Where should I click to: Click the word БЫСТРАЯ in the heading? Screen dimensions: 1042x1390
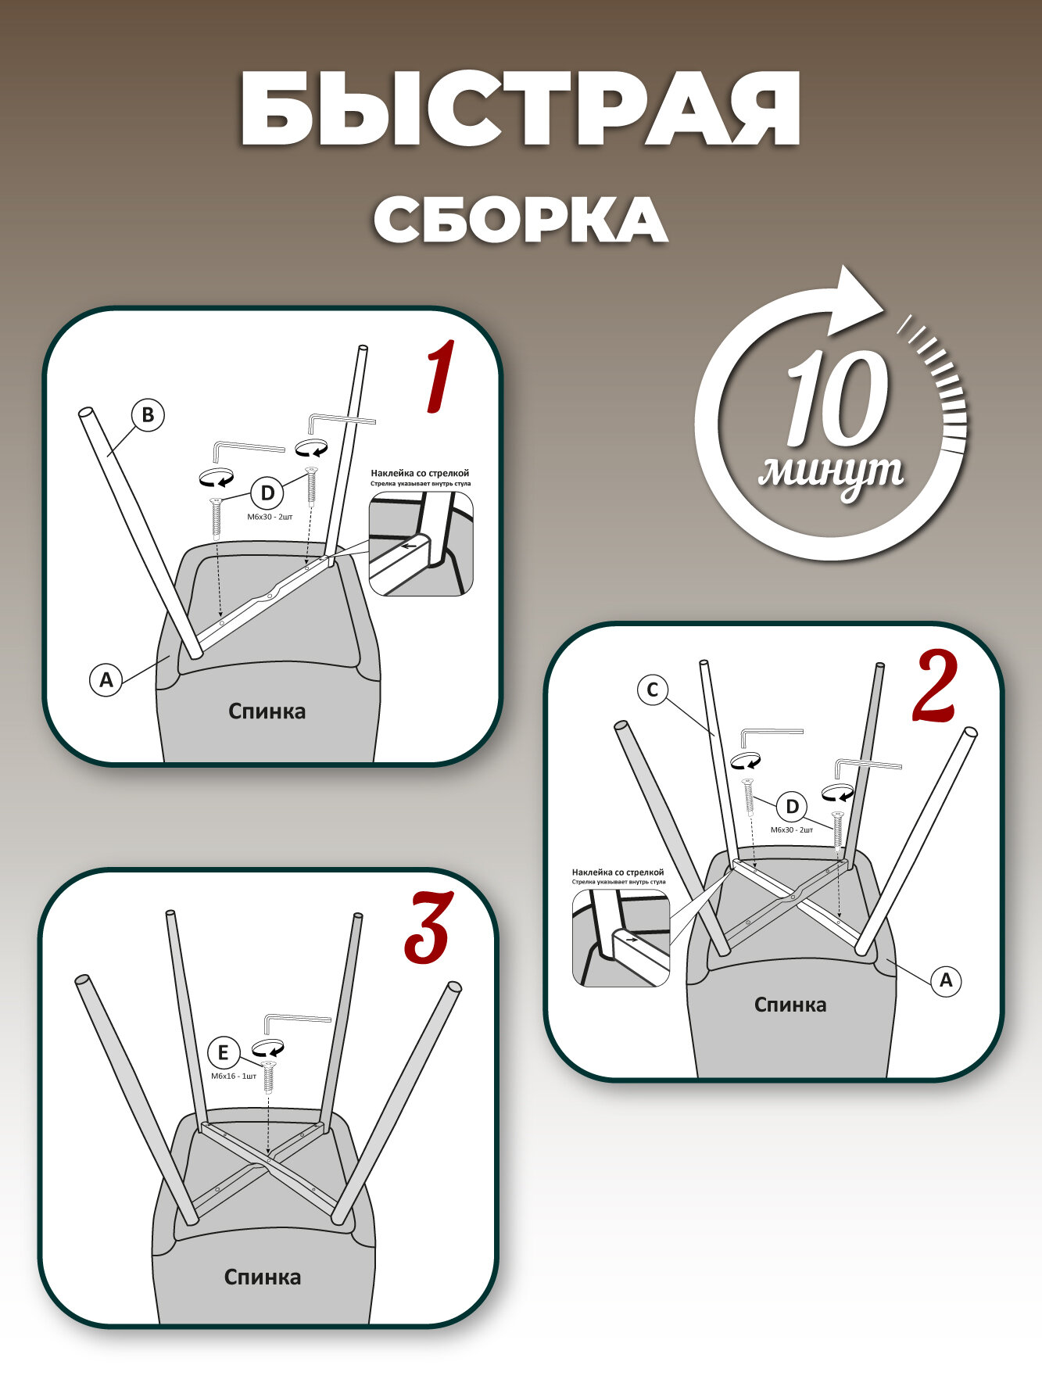click(x=521, y=109)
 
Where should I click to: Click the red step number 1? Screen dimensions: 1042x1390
click(x=440, y=377)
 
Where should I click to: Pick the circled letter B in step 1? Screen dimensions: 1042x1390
click(x=148, y=414)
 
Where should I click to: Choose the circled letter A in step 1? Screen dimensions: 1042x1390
click(x=106, y=679)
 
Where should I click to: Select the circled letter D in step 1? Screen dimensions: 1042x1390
click(x=267, y=493)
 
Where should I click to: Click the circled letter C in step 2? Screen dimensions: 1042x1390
click(x=653, y=690)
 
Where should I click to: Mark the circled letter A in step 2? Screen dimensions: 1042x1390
click(x=946, y=980)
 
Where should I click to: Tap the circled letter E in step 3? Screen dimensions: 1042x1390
click(x=224, y=1053)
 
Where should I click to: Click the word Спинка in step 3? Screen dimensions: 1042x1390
click(x=263, y=1277)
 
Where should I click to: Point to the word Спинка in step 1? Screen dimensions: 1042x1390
click(x=267, y=711)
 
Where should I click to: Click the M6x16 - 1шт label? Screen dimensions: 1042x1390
click(x=233, y=1076)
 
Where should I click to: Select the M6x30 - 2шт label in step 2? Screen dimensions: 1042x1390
click(x=792, y=829)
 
